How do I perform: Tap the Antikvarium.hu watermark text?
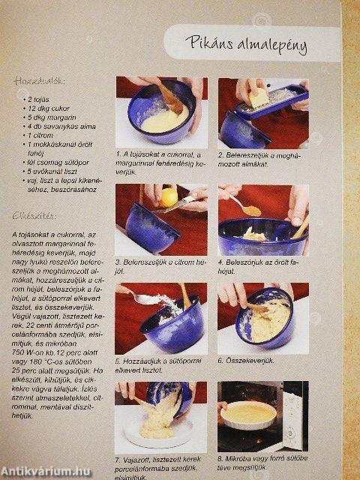pos(46,470)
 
